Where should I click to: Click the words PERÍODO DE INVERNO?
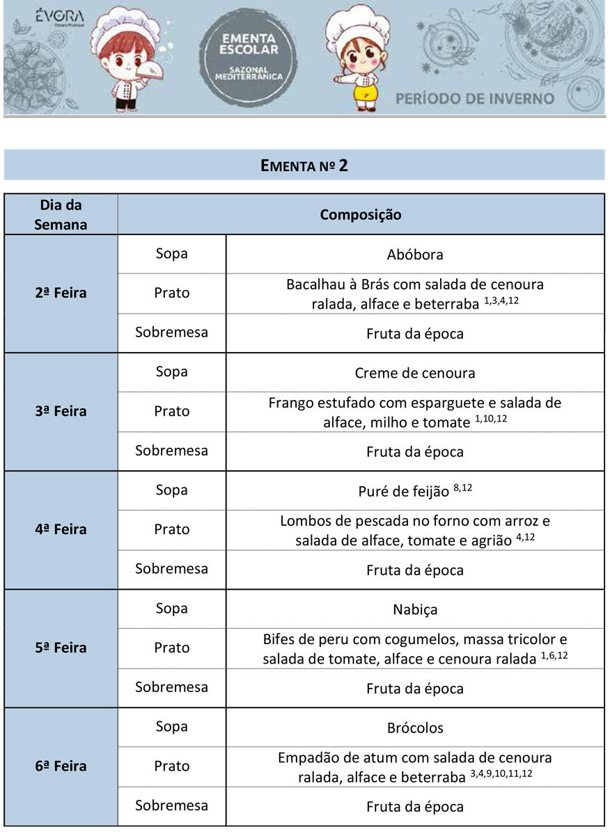(x=475, y=98)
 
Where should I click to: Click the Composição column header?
(x=360, y=214)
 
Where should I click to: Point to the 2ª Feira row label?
(x=61, y=293)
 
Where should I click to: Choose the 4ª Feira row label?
(x=61, y=529)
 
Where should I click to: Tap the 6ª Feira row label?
(x=61, y=766)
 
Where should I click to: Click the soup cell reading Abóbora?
(x=414, y=255)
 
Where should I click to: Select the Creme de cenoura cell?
(x=414, y=373)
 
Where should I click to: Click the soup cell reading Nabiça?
(x=414, y=610)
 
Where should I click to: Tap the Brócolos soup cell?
(x=414, y=728)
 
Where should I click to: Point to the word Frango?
(x=291, y=403)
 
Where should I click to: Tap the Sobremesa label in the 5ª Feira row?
(x=171, y=687)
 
